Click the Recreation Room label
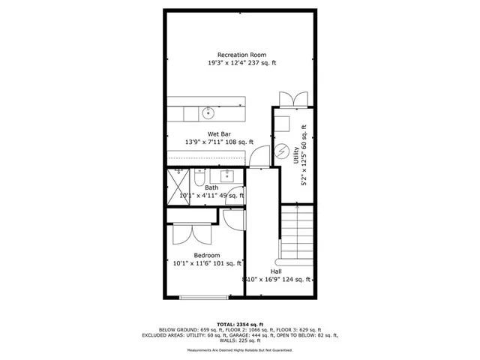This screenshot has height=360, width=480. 241,55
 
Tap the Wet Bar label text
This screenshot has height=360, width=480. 219,133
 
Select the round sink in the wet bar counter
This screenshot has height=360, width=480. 208,113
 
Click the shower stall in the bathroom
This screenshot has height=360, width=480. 179,181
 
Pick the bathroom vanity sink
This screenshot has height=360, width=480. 226,177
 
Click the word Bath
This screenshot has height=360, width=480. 211,187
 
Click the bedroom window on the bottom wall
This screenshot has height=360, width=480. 202,298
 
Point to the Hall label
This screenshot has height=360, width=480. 276,271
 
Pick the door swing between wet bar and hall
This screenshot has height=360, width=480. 259,156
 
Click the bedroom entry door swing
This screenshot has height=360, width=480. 232,218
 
